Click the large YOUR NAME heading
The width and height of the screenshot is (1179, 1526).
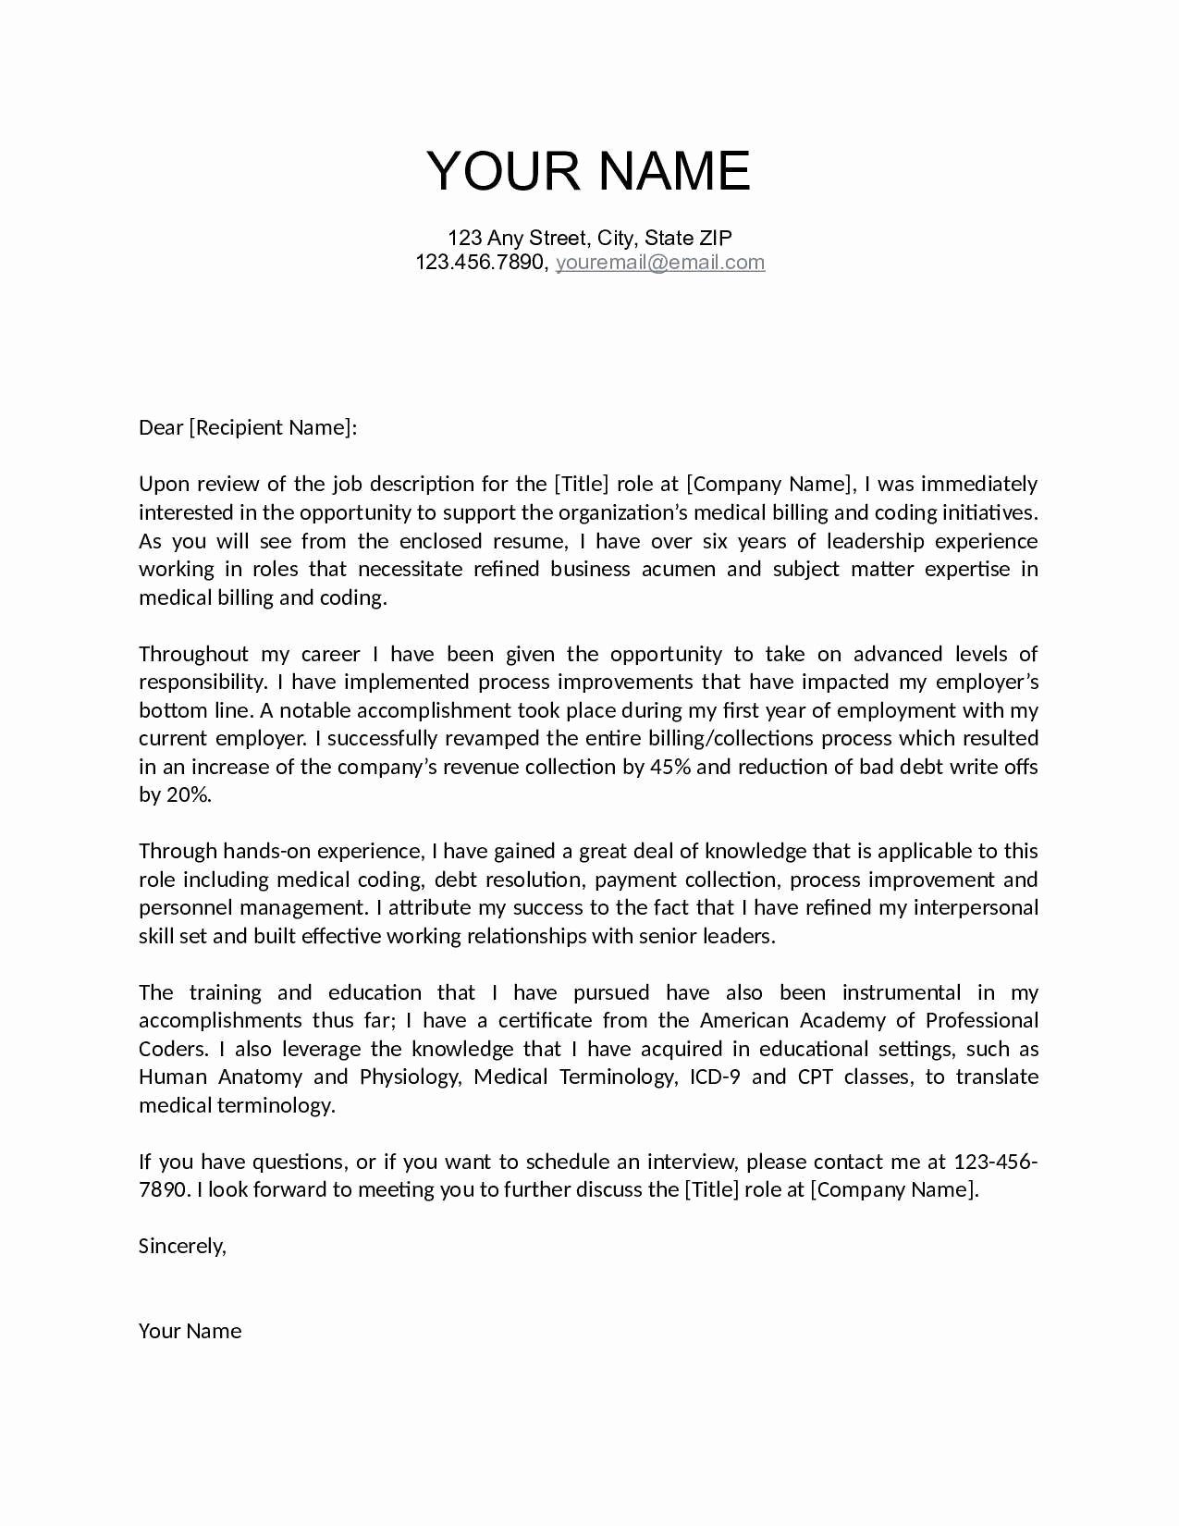[588, 171]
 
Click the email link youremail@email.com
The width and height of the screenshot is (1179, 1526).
[659, 262]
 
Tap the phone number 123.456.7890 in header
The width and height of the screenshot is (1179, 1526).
[480, 262]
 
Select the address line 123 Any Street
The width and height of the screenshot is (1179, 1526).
[590, 238]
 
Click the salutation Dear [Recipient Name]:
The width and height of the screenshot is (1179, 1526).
[247, 427]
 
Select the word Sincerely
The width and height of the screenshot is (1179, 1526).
[181, 1246]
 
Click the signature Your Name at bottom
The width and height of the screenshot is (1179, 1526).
[190, 1331]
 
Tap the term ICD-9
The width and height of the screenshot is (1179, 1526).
[715, 1077]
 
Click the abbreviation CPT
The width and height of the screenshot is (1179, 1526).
[815, 1077]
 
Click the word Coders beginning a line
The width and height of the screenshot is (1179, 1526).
[172, 1049]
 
